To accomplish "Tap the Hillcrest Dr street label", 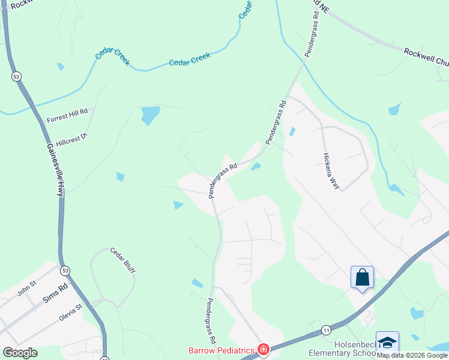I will (x=72, y=140).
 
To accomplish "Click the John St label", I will (x=27, y=291).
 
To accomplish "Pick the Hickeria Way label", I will (x=331, y=171).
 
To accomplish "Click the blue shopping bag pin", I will (x=362, y=277).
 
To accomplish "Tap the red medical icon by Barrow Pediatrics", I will (x=263, y=349).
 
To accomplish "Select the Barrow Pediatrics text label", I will (x=222, y=349).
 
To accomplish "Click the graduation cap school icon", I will (x=387, y=342).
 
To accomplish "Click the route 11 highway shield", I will (x=326, y=330).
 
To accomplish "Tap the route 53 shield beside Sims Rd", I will (x=65, y=271).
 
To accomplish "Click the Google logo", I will (x=20, y=353).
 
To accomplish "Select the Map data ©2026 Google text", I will (x=412, y=356).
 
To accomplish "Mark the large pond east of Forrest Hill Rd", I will (x=150, y=115).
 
